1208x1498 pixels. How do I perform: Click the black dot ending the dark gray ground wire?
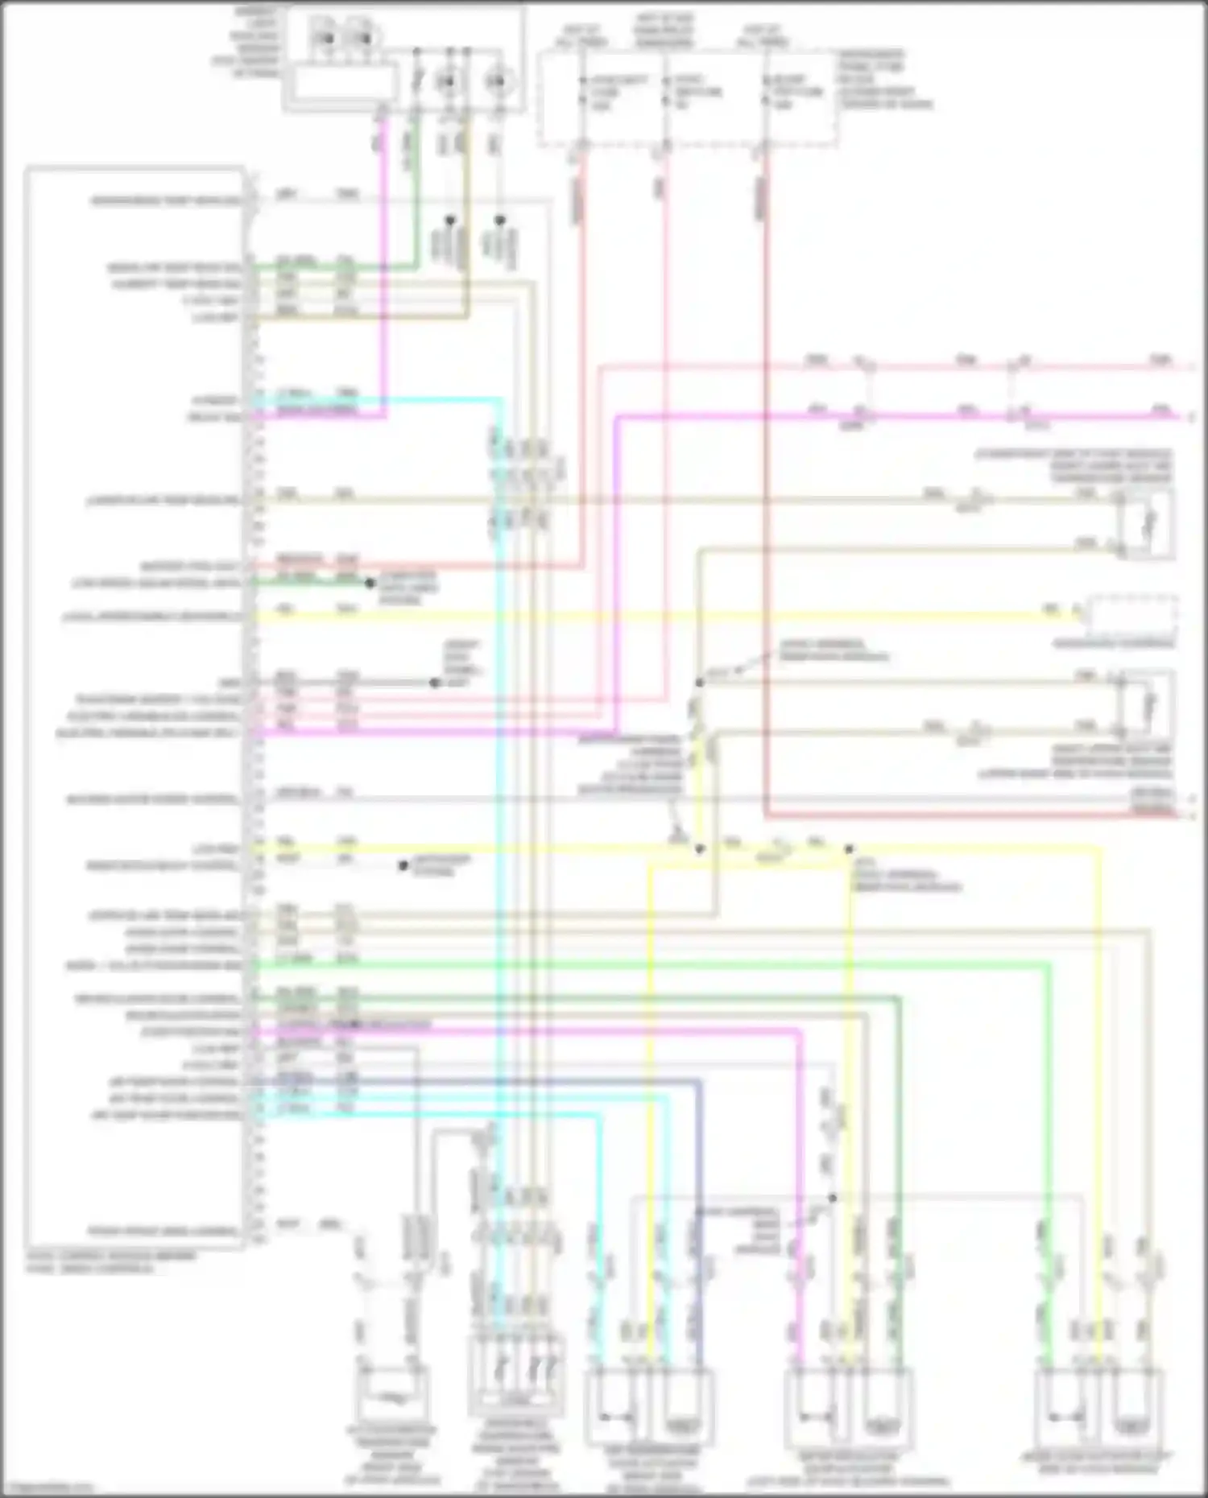point(435,683)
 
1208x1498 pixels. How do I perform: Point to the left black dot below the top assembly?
point(451,219)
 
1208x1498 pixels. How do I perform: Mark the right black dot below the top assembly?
point(499,219)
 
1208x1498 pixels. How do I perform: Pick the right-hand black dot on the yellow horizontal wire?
point(849,848)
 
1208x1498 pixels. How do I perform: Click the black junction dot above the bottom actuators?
point(833,1198)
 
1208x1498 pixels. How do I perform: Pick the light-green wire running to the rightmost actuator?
point(1047,1127)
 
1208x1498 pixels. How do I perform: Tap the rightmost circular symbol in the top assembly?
point(498,80)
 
